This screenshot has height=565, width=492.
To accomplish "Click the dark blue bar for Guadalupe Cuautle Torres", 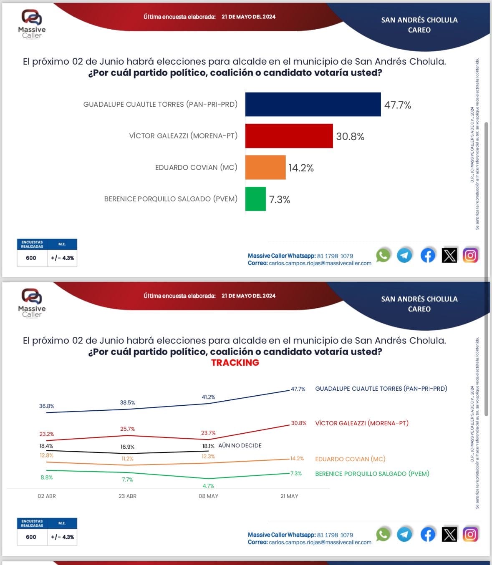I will point(313,104).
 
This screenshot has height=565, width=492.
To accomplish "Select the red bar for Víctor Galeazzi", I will point(289,136).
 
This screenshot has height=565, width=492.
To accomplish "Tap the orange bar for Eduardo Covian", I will point(265,167).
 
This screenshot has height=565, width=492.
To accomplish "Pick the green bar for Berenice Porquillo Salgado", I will point(255,199).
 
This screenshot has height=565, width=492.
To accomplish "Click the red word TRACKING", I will point(235,362).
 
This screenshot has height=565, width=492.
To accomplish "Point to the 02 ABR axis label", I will point(47,496).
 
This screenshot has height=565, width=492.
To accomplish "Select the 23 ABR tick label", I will point(127,496).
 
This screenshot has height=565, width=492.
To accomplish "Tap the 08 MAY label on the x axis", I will point(208,496).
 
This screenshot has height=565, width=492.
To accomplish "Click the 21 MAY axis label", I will point(289,496).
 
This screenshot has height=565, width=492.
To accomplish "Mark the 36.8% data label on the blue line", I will point(47,406).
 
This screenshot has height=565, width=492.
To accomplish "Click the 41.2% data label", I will point(208,397).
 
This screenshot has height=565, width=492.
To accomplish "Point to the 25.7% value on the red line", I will point(127,429).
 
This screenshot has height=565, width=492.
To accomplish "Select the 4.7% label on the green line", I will point(208,486).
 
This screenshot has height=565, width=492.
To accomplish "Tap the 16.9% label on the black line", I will point(127,447).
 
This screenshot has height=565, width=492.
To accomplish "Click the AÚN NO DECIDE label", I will point(240,445).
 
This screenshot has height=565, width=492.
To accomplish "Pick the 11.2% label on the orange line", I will point(127,459).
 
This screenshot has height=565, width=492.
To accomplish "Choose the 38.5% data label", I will point(127,403).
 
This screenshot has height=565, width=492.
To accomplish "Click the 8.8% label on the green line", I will point(47,477).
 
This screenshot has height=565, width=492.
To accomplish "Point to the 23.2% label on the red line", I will point(47,434).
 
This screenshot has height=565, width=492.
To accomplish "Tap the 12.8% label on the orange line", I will point(47,455).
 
